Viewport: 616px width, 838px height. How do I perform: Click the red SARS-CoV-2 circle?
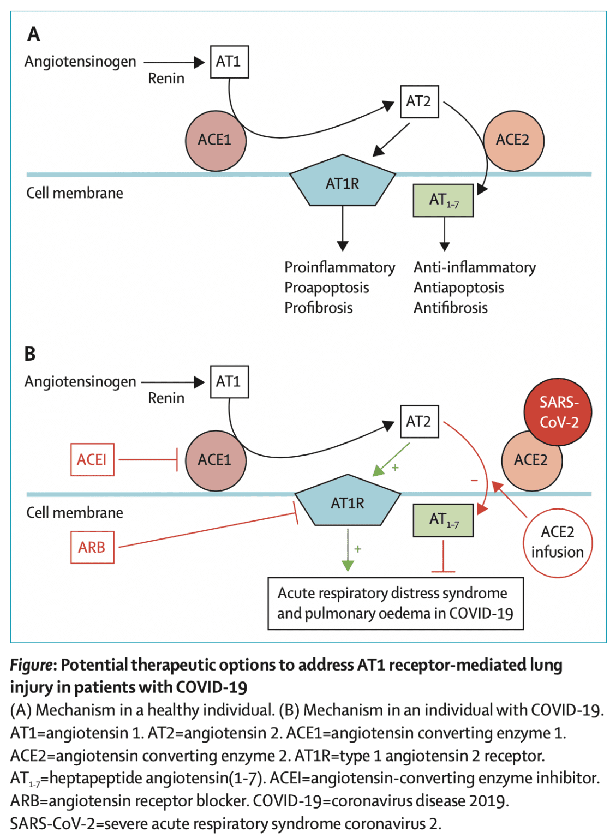[558, 412]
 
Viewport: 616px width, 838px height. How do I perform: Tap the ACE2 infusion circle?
[558, 542]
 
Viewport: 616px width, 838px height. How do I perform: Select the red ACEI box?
[92, 460]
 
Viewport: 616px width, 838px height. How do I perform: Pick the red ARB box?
[92, 547]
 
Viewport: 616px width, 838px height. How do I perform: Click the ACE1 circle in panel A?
[216, 141]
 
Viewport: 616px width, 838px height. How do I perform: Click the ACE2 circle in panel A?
[513, 141]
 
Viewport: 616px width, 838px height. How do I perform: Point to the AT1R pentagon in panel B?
[348, 502]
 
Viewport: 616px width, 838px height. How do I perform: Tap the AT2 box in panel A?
[419, 101]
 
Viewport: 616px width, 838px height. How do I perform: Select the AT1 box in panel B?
[229, 382]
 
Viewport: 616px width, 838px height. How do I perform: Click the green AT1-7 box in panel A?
[444, 201]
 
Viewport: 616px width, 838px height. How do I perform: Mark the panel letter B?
[30, 354]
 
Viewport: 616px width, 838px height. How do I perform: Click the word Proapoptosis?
[326, 288]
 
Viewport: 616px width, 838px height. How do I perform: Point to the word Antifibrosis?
[450, 308]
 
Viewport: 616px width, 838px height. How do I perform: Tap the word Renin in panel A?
[166, 79]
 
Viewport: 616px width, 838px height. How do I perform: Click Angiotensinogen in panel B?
[80, 381]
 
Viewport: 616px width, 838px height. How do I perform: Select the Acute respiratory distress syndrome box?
[396, 603]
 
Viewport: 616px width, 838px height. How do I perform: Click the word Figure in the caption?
[31, 665]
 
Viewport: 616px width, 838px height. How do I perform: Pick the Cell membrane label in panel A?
[75, 193]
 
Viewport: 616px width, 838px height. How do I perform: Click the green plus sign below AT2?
[395, 468]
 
